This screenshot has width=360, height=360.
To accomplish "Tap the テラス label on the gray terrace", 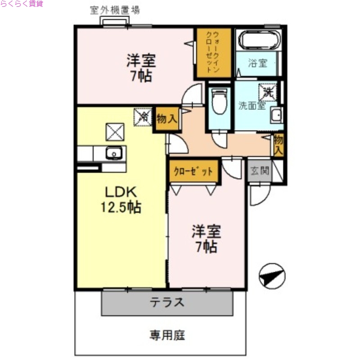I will (x=167, y=302).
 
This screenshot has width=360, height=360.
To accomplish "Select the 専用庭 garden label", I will (x=167, y=335).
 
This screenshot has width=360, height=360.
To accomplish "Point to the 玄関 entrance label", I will (x=260, y=171).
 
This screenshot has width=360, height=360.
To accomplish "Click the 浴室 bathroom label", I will (x=257, y=63).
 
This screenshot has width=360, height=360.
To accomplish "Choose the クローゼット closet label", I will (x=194, y=171).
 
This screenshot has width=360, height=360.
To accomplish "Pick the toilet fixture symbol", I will (x=220, y=102).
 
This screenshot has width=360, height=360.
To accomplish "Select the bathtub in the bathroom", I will (x=259, y=40).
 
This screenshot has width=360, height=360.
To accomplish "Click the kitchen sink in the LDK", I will (x=114, y=153).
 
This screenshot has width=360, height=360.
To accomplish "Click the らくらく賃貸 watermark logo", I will (x=21, y=4).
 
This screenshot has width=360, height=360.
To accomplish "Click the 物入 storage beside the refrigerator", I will (x=167, y=119).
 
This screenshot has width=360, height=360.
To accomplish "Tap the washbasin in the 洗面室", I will (x=277, y=116).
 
